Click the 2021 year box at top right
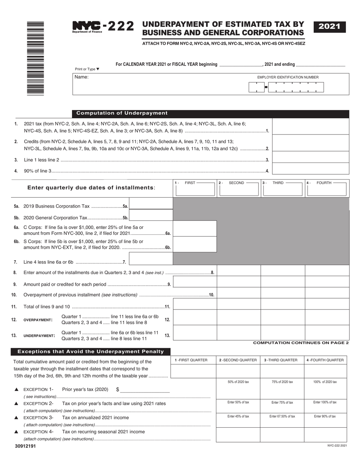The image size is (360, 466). pos(329,27)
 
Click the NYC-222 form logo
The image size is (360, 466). pos(103,27)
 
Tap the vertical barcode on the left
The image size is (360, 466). pos(36,58)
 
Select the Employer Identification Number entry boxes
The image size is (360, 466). pos(286,88)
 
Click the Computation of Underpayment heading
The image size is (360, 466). pos(122,113)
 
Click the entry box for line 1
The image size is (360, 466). pos(310,126)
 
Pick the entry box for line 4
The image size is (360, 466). pos(310,169)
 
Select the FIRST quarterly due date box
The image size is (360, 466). pos(194,190)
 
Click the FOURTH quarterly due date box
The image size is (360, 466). pos(327,190)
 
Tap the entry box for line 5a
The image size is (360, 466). pos(151,206)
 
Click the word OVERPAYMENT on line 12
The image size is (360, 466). pos(38,320)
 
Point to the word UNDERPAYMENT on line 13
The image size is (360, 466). pos(39,336)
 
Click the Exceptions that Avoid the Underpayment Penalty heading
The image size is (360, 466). pos(91,352)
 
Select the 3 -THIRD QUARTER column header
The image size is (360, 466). pos(282,360)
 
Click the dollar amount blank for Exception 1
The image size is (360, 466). pos(145,389)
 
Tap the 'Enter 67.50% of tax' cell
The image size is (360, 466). pos(282,416)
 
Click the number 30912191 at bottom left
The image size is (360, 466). pos(26,446)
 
